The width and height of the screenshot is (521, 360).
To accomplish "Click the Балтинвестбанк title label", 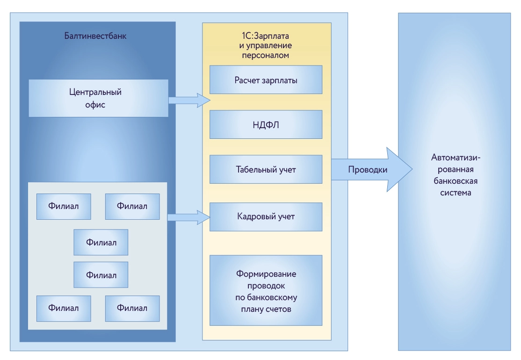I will coord(95,36).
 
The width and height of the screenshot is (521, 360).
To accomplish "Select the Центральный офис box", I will coord(98,98).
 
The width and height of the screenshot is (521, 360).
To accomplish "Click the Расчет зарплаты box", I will coord(266,80).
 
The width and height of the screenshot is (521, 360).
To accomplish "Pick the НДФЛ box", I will coord(266,125).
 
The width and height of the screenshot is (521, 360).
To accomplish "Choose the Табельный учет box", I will coord(266,169).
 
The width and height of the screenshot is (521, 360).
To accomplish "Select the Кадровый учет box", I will coord(266,217).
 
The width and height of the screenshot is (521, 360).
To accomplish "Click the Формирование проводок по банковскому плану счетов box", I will coord(266,290).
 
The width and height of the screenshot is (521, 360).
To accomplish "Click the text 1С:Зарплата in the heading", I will coord(266,36).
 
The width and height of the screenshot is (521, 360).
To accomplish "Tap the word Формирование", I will coord(266,274).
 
